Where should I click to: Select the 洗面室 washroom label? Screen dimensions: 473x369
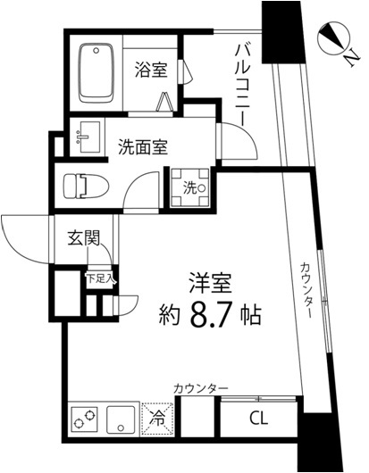[142, 148]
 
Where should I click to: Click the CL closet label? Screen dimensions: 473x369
[258, 418]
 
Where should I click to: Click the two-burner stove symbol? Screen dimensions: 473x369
[83, 418]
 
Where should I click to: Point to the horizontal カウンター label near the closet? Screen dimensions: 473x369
[201, 388]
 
